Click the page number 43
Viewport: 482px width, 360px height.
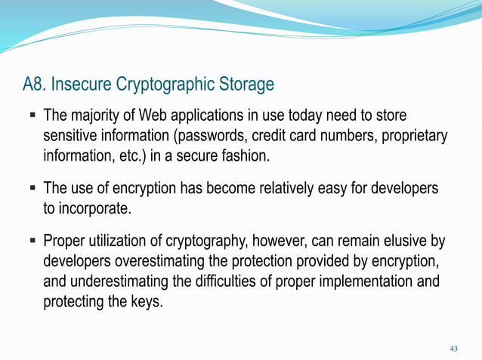[x=453, y=348]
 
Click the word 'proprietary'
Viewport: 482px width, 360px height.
[x=414, y=137]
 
